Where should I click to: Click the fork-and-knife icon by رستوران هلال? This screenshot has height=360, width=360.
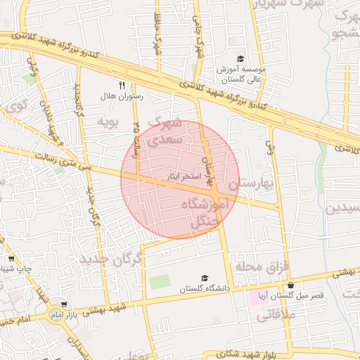pyautogui.click(x=122, y=86)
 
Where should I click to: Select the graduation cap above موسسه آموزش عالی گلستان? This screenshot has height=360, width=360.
pyautogui.click(x=240, y=59)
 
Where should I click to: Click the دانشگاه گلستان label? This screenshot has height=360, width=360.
pyautogui.click(x=205, y=289)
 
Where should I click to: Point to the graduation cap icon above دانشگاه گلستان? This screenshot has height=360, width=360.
pyautogui.click(x=205, y=278)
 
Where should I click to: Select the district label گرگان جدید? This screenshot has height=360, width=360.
pyautogui.click(x=110, y=259)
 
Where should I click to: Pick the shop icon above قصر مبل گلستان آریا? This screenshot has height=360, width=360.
pyautogui.click(x=291, y=285)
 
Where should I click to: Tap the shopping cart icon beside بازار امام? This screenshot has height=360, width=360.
pyautogui.click(x=65, y=305)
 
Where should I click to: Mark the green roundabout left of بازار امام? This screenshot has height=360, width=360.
pyautogui.click(x=56, y=314)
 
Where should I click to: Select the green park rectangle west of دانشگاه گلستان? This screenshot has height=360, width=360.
pyautogui.click(x=160, y=282)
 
